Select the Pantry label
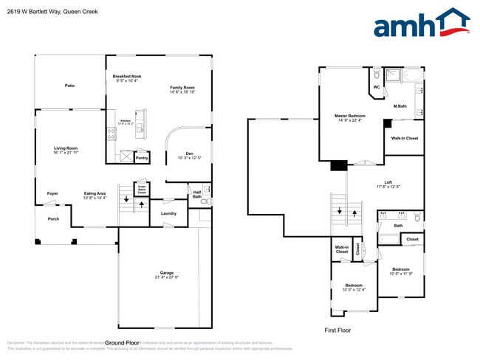click(x=142, y=157)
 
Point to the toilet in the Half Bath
click(x=208, y=201)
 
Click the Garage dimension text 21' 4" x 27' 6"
click(x=167, y=277)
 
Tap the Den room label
click(x=189, y=153)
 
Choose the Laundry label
click(x=168, y=214)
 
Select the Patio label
click(x=69, y=86)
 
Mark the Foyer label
click(x=52, y=193)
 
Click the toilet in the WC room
click(x=377, y=75)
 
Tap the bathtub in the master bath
click(x=411, y=75)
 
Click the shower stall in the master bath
click(x=391, y=75)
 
